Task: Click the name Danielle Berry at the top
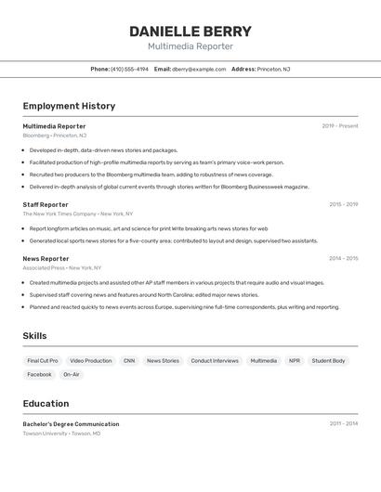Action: coord(190,31)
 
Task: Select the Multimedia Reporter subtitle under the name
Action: coord(190,46)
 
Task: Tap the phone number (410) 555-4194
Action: coord(129,69)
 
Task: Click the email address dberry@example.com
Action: coord(199,69)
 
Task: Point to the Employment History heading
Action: coord(69,106)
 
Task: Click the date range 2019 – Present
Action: coord(340,126)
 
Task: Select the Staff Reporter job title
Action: coord(46,204)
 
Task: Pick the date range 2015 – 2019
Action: coord(343,204)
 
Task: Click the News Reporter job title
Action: coord(46,259)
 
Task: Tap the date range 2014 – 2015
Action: coord(343,259)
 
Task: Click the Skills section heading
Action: coord(35,336)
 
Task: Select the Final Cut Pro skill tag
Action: coord(43,360)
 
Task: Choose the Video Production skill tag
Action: coord(91,360)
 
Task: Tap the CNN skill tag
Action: coord(129,360)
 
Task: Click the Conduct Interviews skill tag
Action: coord(215,360)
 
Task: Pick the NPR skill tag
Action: coord(295,360)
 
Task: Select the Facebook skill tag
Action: coord(39,374)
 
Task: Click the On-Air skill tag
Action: coord(72,374)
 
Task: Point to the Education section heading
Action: coord(46,404)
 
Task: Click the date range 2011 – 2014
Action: coord(343,423)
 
